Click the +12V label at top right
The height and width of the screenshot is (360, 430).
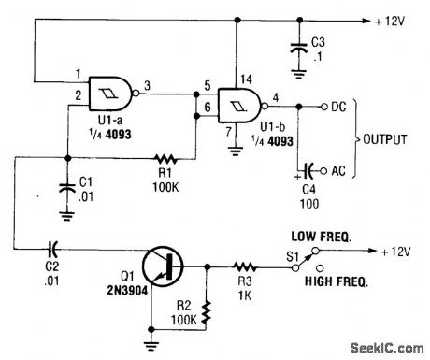pyautogui.click(x=396, y=21)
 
